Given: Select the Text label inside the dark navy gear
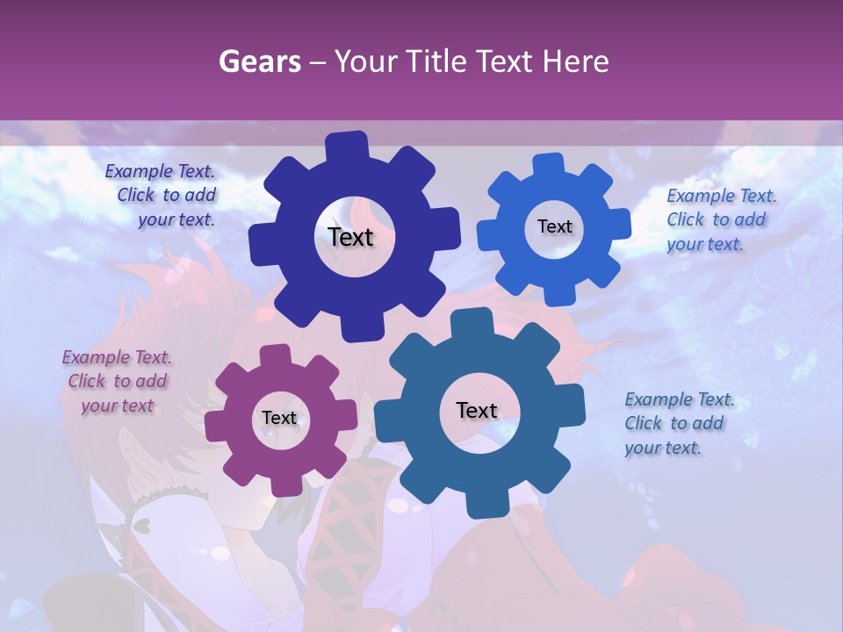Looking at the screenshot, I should pyautogui.click(x=350, y=237).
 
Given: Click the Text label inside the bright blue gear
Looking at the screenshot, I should pyautogui.click(x=554, y=226).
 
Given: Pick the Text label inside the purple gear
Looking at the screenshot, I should pyautogui.click(x=279, y=418).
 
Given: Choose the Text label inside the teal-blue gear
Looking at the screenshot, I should pyautogui.click(x=477, y=411).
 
